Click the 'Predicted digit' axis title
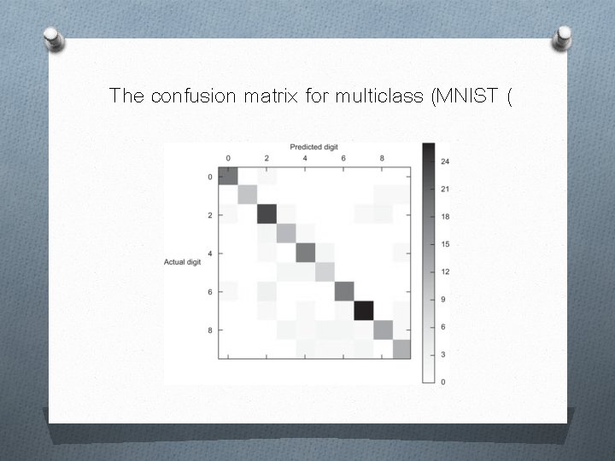(x=313, y=148)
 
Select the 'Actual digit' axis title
(x=182, y=261)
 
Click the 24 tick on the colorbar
(x=446, y=161)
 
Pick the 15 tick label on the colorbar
(x=446, y=244)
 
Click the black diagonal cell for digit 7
(x=364, y=310)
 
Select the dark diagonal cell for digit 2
(x=267, y=214)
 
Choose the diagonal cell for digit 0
(x=228, y=176)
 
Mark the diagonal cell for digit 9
(x=401, y=348)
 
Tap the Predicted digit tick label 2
(x=267, y=159)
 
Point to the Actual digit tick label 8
(x=211, y=330)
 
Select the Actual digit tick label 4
(x=211, y=253)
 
